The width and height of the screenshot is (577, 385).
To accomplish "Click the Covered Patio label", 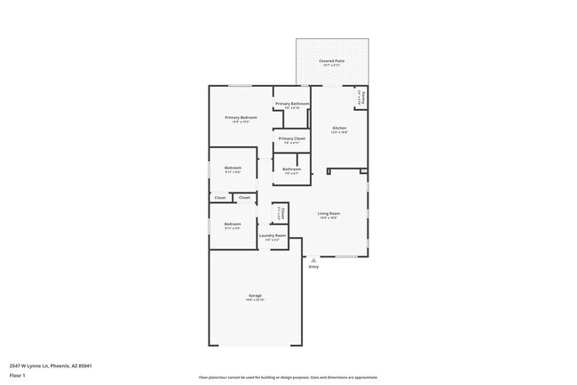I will tap(332, 60).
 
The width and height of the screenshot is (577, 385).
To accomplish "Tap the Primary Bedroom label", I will tap(241, 117).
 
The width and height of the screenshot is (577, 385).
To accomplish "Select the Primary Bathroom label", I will tap(292, 104).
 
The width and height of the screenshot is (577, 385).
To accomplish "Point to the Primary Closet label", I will tap(292, 138).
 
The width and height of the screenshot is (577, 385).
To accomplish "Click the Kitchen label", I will tap(339, 128).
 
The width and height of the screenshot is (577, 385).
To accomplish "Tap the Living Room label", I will tap(329, 213).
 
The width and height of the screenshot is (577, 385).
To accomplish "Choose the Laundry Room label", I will tap(273, 235).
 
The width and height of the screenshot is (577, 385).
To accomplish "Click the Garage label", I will tap(255, 295).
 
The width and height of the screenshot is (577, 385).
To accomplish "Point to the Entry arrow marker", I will tap(312, 259).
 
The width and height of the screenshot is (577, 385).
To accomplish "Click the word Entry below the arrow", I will tap(313, 267).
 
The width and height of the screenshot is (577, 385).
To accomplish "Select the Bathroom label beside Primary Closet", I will tap(292, 169).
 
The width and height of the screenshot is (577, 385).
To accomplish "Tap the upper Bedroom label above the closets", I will tap(233, 168).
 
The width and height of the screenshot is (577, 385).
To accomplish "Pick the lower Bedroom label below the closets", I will tap(233, 224).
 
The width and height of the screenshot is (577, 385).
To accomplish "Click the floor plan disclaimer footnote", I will tap(288, 377).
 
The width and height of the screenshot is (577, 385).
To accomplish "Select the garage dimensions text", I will tap(255, 301).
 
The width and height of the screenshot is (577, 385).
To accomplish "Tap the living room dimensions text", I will tap(329, 218).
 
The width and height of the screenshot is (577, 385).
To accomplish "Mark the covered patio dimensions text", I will tap(332, 66).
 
